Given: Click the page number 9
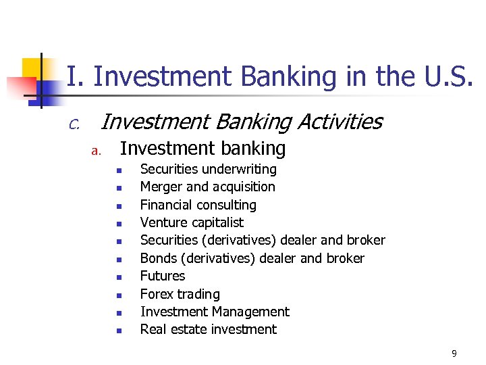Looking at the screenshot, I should (x=454, y=354).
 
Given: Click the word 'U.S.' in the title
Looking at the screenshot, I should (x=448, y=77).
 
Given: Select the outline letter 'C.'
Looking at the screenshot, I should (x=74, y=124).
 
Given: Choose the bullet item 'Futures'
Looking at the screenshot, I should (x=162, y=276).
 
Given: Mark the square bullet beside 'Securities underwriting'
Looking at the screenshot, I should (x=117, y=170).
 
